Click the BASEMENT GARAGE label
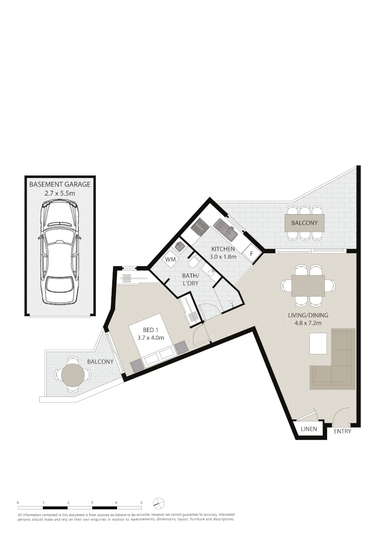pos(60,184)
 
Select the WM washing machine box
pos(170,260)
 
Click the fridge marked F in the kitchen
pos(251,253)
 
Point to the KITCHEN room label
pos(223,249)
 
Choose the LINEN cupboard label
pos(309,429)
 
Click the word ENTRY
pos(342,431)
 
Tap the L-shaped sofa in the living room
pos(333,365)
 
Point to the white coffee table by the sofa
pos(318,343)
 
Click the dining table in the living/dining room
pos(308,285)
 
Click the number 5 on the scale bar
pos(141,503)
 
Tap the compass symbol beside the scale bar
pos(159,503)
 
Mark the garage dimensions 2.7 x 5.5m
pos(60,194)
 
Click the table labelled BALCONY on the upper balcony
pos(304,223)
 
